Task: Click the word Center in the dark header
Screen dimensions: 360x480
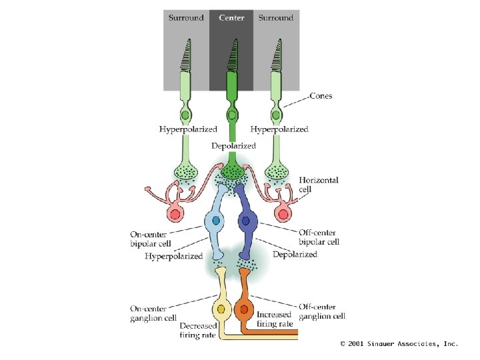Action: coord(232,18)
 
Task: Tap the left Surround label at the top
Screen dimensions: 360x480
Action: coord(186,18)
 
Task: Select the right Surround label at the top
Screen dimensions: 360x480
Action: coord(276,18)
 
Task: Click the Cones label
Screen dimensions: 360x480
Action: coord(321,96)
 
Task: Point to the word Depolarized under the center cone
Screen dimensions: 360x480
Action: coord(233,145)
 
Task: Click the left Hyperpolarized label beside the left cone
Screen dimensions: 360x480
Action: coord(187,129)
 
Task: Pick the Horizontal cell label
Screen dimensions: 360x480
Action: coord(319,185)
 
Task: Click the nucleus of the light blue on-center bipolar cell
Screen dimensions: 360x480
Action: coord(215,221)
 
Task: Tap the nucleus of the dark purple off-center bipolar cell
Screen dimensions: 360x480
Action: coord(246,221)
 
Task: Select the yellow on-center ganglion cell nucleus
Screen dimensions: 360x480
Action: coord(221,309)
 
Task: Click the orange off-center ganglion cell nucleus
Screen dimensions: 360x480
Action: coord(244,309)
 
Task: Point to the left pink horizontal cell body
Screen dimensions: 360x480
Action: coord(176,214)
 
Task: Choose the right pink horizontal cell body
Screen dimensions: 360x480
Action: coord(284,214)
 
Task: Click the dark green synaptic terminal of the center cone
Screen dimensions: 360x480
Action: coord(232,171)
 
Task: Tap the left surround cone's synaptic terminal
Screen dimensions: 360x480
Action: coord(186,172)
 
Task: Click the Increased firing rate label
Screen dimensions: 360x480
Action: coord(275,319)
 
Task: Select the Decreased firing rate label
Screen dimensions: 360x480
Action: coord(198,330)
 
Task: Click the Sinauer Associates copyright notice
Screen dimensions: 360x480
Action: coord(399,343)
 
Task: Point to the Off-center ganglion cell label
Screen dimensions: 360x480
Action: coord(321,311)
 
